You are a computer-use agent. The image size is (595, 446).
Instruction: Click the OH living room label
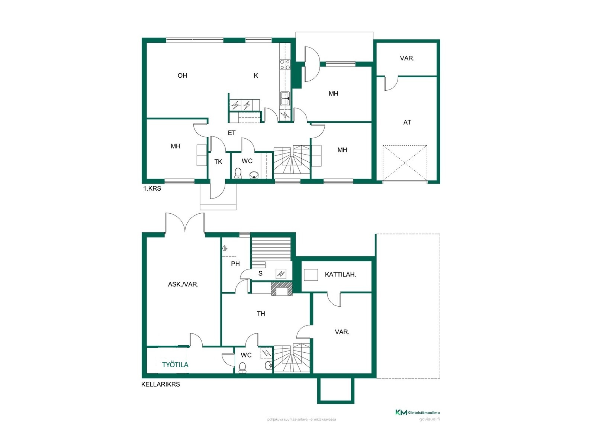coord(182,75)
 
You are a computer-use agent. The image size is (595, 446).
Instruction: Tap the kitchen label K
coord(255,75)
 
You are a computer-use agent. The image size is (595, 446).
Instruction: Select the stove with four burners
coord(285,64)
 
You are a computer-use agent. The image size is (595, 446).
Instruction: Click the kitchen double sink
coord(284,98)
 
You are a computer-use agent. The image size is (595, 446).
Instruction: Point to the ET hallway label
coord(232,133)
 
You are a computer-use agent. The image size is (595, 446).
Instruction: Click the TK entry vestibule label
coord(218,162)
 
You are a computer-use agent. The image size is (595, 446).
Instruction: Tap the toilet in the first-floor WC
coord(238,173)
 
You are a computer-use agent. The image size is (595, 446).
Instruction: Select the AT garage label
coord(407,122)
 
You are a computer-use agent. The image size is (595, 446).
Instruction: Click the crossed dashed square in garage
coord(405,163)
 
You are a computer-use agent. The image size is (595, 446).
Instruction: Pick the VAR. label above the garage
coord(407,58)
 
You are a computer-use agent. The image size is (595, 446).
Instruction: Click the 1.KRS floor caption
coord(152,188)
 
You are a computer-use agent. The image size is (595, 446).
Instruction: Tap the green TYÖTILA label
coord(175,365)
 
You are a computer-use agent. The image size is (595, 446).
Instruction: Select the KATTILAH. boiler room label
coord(340,275)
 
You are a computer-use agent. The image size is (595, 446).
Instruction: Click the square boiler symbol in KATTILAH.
coord(311,275)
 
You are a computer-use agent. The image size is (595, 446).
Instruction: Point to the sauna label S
coord(260,274)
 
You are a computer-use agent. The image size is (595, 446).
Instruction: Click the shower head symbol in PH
coord(225,248)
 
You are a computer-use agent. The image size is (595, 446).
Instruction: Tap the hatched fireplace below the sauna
coord(282,289)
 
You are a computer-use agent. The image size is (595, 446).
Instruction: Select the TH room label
coord(261,314)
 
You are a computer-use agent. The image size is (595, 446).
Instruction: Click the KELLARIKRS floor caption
coord(161,384)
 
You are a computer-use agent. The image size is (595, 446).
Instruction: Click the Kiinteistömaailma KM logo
coord(418,413)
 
